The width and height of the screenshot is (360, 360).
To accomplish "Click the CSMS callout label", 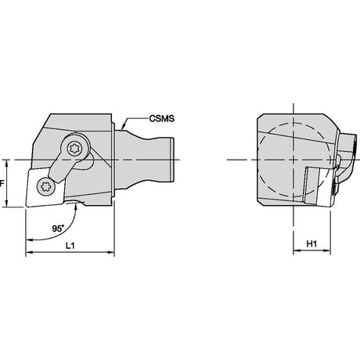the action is tap(162, 118).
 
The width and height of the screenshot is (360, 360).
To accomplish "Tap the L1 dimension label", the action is tap(70, 245).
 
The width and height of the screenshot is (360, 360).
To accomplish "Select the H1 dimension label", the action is tap(311, 243).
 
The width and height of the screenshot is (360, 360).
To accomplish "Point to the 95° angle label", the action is tap(58, 229).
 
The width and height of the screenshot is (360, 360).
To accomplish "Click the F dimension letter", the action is tap(2, 184).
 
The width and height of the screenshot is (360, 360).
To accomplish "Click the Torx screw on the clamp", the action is tap(75, 149).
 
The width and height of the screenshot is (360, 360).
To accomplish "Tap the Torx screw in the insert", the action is tap(46, 185).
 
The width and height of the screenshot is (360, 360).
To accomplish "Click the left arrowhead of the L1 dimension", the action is tap(29, 252).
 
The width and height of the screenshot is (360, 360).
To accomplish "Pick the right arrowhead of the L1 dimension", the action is tap(111, 252).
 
